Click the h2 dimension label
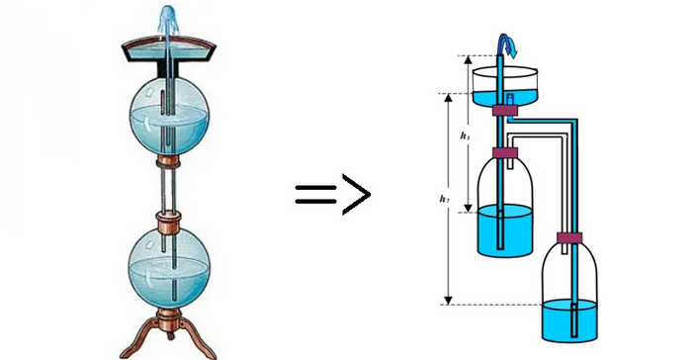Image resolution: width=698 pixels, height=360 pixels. pyautogui.click(x=444, y=199)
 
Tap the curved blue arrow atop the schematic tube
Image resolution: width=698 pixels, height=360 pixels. pyautogui.click(x=506, y=45)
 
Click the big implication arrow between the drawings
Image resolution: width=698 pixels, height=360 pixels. pyautogui.click(x=332, y=194)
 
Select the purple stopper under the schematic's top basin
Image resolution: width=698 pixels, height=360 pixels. pyautogui.click(x=504, y=111)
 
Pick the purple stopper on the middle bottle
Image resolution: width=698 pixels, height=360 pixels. pyautogui.click(x=505, y=153)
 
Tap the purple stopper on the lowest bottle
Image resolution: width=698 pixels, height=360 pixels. pyautogui.click(x=569, y=238)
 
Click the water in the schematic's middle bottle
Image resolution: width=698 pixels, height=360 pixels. pyautogui.click(x=505, y=230)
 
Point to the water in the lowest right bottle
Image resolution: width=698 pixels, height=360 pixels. pyautogui.click(x=569, y=319)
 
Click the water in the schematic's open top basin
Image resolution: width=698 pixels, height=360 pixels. pyautogui.click(x=505, y=99)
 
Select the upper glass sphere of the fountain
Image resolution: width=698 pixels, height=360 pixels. pyautogui.click(x=169, y=117)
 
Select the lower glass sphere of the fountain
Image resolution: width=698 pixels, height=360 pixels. pyautogui.click(x=168, y=269)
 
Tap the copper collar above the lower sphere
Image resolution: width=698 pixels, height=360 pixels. pyautogui.click(x=168, y=221)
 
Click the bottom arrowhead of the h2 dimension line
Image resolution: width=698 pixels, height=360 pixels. pyautogui.click(x=449, y=300)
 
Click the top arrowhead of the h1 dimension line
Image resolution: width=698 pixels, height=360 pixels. pyautogui.click(x=467, y=60)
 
